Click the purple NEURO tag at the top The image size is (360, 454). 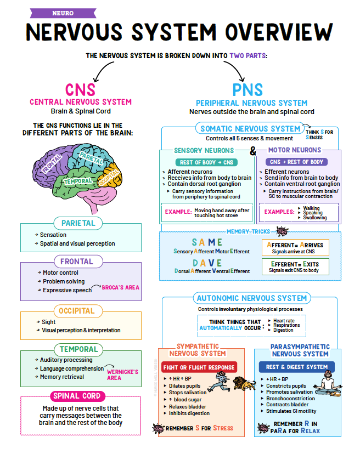click(63, 13)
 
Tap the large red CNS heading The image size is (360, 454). click(80, 90)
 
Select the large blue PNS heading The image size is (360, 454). click(248, 90)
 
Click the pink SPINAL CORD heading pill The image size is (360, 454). click(77, 396)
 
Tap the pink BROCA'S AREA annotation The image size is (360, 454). click(121, 287)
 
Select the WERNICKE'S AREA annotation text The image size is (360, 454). click(122, 374)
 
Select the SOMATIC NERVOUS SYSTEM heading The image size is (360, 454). click(250, 128)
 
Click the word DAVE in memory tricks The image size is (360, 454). click(207, 263)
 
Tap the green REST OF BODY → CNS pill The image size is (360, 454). click(205, 162)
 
